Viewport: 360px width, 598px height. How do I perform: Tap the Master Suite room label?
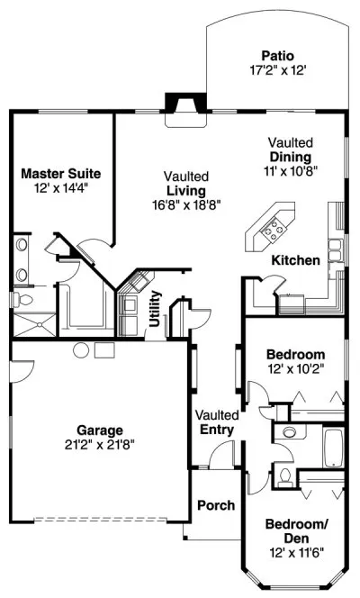pos(61,173)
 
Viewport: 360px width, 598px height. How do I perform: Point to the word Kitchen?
pos(295,260)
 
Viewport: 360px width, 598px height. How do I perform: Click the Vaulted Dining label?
pos(291,149)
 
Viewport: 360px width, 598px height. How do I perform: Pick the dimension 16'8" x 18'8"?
pos(186,204)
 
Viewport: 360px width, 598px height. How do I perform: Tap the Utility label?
pos(156,307)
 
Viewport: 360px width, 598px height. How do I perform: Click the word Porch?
pos(215,504)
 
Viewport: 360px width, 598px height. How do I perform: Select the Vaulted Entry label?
pos(217,422)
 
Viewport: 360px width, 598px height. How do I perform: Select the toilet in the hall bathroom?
pos(284,474)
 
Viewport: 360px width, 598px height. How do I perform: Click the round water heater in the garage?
pos(81,349)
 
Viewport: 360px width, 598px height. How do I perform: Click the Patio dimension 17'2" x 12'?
pos(276,68)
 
